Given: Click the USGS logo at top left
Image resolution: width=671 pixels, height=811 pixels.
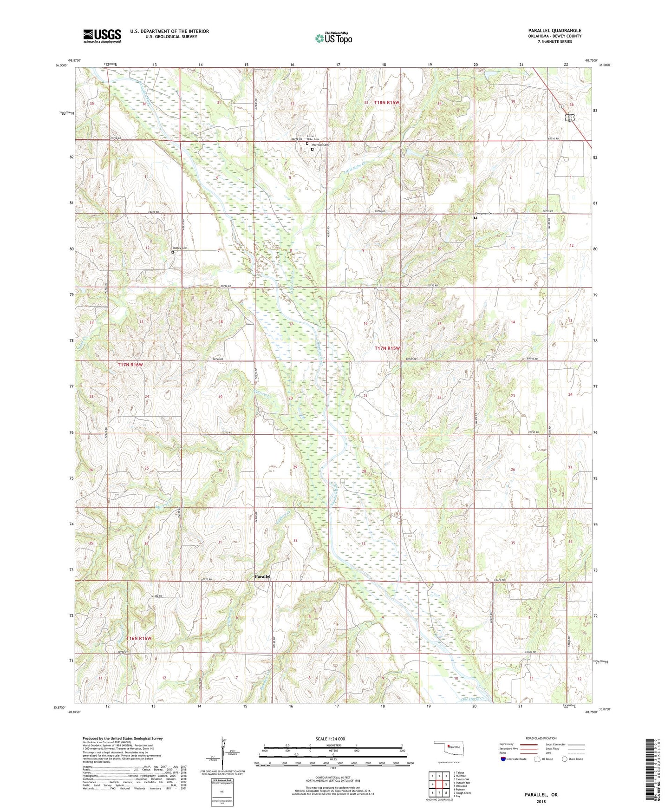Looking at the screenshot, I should (102, 36).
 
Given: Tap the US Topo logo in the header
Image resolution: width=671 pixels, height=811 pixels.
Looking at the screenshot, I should (333, 39).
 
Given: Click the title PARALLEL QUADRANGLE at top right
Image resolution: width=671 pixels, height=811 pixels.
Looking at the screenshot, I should (554, 31).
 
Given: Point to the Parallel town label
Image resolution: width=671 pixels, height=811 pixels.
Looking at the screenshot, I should (262, 576).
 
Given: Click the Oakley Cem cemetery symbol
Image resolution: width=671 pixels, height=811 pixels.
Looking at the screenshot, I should (173, 253).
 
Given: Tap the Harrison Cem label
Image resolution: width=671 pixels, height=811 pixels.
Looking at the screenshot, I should (320, 145).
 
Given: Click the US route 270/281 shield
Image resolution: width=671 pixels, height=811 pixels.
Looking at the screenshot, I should (570, 118).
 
